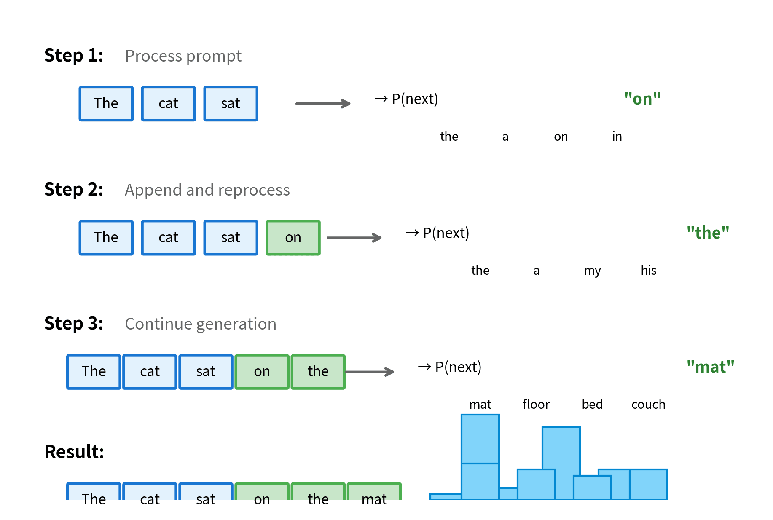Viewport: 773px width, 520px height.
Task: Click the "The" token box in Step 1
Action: (x=106, y=104)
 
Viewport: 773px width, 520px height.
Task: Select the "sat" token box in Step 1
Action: (x=231, y=104)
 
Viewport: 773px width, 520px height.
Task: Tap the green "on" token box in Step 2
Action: (x=293, y=238)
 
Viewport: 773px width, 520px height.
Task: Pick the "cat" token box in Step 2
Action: (x=168, y=238)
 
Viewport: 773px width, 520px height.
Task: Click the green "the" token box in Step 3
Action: (x=318, y=372)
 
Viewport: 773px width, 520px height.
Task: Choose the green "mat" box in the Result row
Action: (x=374, y=493)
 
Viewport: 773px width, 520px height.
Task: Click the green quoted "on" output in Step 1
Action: (x=642, y=99)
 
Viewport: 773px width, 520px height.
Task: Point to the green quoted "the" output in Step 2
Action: (x=708, y=233)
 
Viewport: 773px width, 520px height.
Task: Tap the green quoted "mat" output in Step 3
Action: (x=710, y=367)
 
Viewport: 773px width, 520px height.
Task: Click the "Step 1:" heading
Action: (x=74, y=56)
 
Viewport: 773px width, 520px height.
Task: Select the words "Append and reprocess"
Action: (x=207, y=190)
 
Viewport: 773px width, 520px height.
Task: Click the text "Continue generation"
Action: (x=200, y=324)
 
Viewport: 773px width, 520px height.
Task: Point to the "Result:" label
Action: (x=74, y=452)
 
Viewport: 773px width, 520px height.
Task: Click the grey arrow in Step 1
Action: (x=323, y=104)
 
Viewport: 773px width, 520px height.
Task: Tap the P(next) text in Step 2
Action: (x=446, y=233)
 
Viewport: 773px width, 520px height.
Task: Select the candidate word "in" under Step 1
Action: (x=617, y=137)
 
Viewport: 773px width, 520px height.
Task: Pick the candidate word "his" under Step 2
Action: (x=648, y=271)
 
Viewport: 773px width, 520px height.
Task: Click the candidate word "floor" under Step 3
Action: (x=536, y=405)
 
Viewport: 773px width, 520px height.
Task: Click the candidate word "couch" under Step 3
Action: (x=648, y=405)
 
